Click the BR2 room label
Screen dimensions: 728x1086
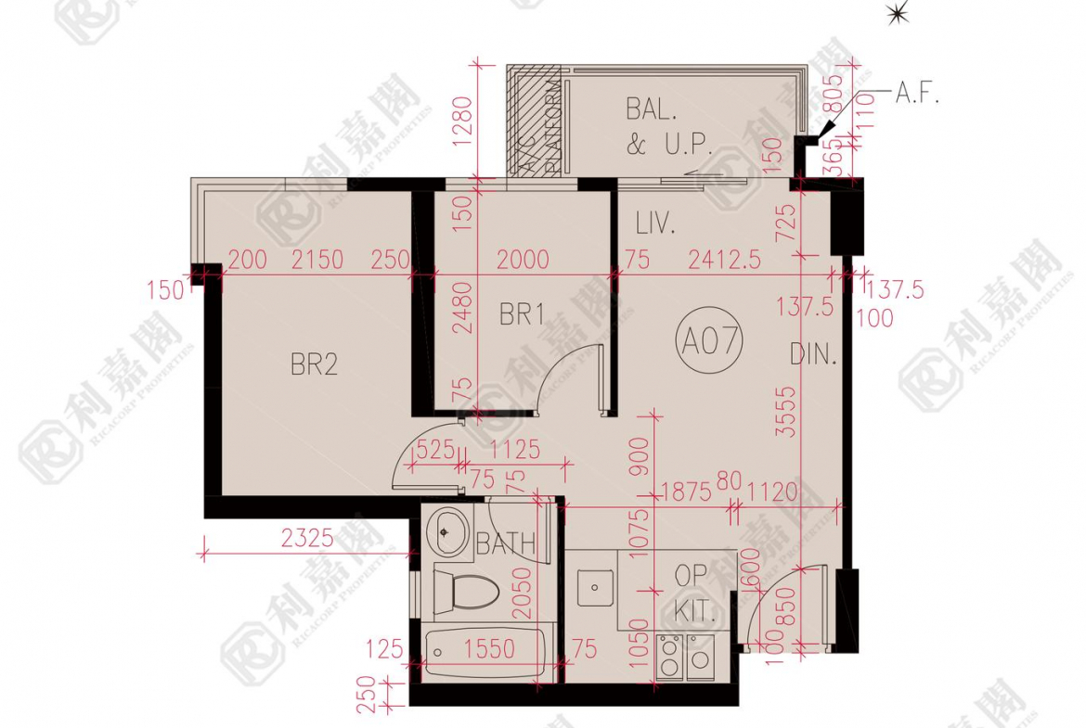click(x=314, y=364)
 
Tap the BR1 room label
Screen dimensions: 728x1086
click(x=522, y=315)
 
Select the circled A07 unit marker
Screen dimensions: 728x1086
click(x=711, y=342)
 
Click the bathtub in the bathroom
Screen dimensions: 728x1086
click(x=484, y=656)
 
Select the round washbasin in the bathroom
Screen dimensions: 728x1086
click(x=446, y=532)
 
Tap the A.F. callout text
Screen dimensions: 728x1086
click(x=917, y=93)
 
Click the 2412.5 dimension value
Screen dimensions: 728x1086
click(x=724, y=260)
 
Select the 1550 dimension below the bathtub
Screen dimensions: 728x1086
click(x=489, y=649)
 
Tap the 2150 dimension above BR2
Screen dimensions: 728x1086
click(x=317, y=260)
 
